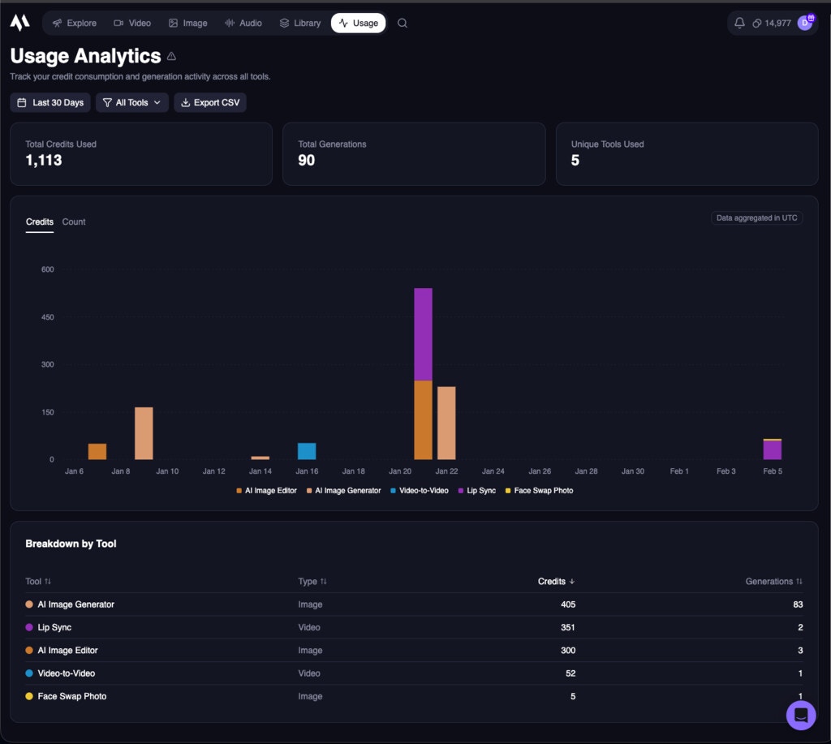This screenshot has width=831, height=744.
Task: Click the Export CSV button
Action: coord(210,103)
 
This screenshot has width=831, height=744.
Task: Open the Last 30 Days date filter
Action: coord(50,103)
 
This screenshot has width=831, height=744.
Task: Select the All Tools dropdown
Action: coord(132,103)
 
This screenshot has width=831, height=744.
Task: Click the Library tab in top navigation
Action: coord(299,23)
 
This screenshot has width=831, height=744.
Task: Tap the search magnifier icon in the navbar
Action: coord(403,23)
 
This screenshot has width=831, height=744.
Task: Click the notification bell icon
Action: coord(739,23)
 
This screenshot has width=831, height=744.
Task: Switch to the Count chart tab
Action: coord(74,221)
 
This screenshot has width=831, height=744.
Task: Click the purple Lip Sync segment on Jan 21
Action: coord(423,333)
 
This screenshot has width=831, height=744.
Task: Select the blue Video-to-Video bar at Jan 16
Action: coord(307,451)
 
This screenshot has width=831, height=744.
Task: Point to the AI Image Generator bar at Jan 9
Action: coord(144,433)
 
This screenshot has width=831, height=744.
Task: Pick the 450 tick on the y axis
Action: coord(47,317)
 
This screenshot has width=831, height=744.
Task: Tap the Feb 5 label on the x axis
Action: coord(773,471)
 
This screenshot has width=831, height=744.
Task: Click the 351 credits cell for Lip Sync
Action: coord(567,627)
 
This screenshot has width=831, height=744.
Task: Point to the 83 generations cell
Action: coord(797,604)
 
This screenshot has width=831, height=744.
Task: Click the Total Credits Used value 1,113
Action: coord(44,161)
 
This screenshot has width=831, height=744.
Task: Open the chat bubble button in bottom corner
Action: coord(800,715)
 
